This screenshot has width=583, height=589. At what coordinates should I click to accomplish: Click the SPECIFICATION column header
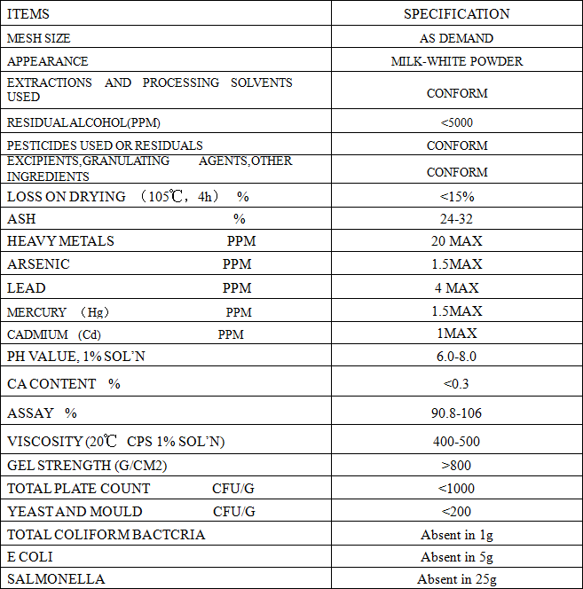456,14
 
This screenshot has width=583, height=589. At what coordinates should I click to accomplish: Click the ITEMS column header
28,14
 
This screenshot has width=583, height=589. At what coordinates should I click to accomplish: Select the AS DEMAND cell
456,38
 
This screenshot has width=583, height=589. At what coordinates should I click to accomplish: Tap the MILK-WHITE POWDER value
456,61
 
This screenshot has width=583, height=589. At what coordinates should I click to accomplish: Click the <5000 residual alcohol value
456,122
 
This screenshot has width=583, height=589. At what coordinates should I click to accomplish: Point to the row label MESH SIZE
39,38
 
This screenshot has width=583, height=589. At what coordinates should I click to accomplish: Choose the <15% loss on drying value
456,196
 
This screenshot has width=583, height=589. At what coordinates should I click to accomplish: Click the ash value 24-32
456,219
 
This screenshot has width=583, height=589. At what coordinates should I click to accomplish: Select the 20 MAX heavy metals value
456,241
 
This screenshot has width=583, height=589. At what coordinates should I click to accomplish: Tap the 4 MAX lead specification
456,287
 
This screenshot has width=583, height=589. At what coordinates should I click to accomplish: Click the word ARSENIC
38,264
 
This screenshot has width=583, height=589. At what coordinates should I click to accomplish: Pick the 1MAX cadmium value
456,334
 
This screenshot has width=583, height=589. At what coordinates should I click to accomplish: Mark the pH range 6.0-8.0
456,357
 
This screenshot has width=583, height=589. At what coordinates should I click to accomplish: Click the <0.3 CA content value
456,384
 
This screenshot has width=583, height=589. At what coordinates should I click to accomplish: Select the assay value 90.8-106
456,413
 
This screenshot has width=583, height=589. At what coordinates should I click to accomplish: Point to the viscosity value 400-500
456,442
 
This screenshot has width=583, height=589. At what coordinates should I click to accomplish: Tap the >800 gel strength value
456,466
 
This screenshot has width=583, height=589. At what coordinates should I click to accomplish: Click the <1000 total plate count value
456,489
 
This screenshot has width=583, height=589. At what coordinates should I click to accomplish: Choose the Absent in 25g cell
456,579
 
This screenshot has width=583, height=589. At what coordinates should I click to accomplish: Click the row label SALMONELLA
56,579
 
